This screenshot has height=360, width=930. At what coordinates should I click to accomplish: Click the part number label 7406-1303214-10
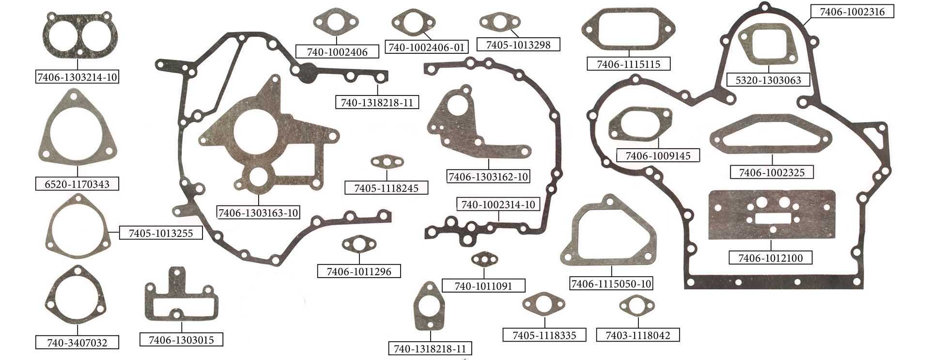77,77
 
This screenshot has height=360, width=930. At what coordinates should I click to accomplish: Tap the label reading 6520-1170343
77,184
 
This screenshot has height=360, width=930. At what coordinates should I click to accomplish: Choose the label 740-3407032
77,343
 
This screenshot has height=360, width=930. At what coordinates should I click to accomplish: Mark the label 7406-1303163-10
259,213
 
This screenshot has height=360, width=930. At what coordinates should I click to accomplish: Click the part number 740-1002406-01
428,47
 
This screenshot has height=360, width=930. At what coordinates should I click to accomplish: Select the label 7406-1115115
629,64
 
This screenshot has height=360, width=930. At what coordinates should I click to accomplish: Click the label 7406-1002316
852,12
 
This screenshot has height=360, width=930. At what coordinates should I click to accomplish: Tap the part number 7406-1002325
772,172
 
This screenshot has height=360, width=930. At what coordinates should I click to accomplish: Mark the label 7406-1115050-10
612,283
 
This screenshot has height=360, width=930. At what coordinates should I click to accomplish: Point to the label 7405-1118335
545,334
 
